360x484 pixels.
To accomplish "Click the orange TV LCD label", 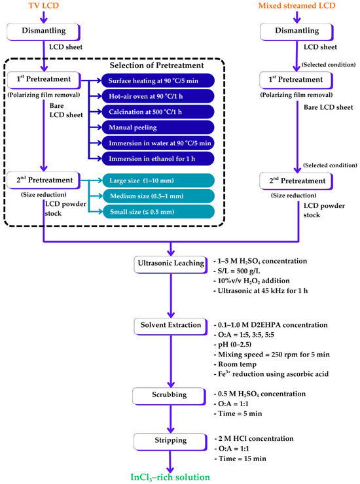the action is pos(44,5).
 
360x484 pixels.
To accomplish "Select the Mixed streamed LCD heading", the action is pos(297,5).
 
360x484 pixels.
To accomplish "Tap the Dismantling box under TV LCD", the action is pos(44,32).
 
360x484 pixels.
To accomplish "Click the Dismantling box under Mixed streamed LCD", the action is pos(297,32).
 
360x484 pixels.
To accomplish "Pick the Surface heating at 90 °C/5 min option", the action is pos(158,81).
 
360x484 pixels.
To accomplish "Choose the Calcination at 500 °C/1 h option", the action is pos(158,112).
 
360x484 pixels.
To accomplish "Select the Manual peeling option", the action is pos(158,128).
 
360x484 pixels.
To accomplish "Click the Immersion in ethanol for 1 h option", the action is pos(158,159).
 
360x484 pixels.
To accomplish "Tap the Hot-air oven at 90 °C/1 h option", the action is pos(158,96).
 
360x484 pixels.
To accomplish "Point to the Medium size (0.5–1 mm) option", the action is pos(158,196).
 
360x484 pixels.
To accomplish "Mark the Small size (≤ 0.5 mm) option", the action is pos(158,212).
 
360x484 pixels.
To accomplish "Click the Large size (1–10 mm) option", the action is pos(158,181).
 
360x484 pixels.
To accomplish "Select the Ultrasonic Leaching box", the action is pos(171,264).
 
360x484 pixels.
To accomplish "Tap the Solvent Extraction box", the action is pos(171,326).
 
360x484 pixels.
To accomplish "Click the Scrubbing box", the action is pos(170,396).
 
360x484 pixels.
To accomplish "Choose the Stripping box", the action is pos(171,441).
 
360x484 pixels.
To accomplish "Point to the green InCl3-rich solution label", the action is pos(170,477).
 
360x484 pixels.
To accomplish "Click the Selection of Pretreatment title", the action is pos(156,65).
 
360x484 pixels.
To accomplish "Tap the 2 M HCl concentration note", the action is pos(254,439).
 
